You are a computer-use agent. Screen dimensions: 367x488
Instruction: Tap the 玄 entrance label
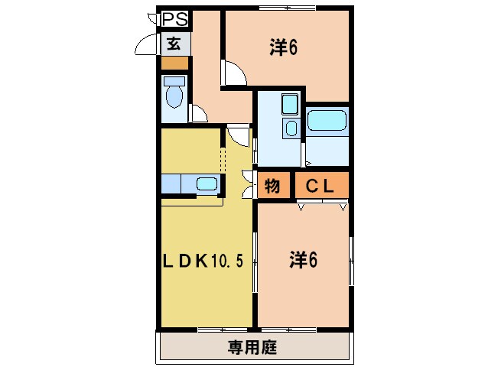(x=174, y=44)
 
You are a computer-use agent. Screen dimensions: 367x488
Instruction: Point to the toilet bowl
(x=175, y=96)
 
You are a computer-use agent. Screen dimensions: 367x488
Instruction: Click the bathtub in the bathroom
(x=328, y=121)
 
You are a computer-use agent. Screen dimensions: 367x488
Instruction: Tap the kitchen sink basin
(x=207, y=183)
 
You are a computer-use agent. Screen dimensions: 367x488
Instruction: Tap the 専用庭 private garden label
(x=252, y=349)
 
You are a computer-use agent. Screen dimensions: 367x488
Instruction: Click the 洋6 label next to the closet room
(x=303, y=260)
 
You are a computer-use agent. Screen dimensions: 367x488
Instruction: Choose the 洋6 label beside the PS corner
(x=282, y=47)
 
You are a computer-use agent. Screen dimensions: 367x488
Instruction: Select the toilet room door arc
(x=198, y=114)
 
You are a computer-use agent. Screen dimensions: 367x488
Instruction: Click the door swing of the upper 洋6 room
(x=233, y=74)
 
